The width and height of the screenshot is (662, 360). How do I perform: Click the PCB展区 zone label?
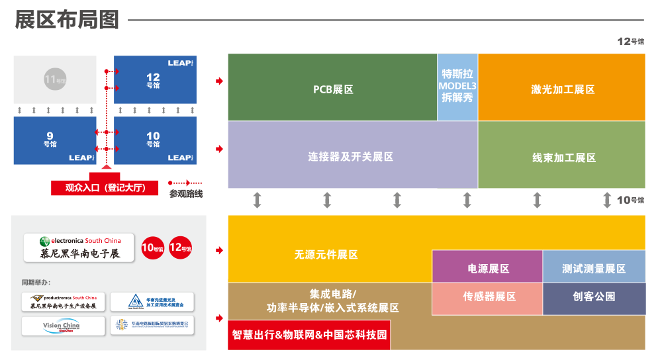pyautogui.click(x=333, y=89)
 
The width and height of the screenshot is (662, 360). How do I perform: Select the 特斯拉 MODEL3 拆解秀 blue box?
pyautogui.click(x=457, y=87)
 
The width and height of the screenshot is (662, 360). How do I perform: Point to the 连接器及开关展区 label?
pyautogui.click(x=351, y=157)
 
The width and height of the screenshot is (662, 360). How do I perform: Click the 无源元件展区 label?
pyautogui.click(x=326, y=254)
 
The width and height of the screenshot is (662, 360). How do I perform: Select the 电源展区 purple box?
pyautogui.click(x=488, y=269)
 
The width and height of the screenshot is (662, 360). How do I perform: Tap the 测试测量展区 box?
pyautogui.click(x=594, y=269)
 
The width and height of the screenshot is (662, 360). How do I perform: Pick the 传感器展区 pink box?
pyautogui.click(x=489, y=296)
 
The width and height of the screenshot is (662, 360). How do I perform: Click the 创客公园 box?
pyautogui.click(x=594, y=296)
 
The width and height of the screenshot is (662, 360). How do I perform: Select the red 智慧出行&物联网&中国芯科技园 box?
pyautogui.click(x=309, y=335)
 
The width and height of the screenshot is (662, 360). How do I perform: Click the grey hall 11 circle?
pyautogui.click(x=55, y=79)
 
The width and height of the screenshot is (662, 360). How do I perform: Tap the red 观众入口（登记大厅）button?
pyautogui.click(x=105, y=188)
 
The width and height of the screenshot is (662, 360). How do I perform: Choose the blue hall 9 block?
pyautogui.click(x=55, y=140)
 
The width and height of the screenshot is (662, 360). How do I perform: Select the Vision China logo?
pyautogui.click(x=64, y=326)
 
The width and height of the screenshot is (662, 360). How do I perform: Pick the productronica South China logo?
pyautogui.click(x=64, y=302)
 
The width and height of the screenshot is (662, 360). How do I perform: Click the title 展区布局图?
pyautogui.click(x=67, y=21)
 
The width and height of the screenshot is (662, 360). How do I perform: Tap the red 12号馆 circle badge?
pyautogui.click(x=180, y=248)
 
